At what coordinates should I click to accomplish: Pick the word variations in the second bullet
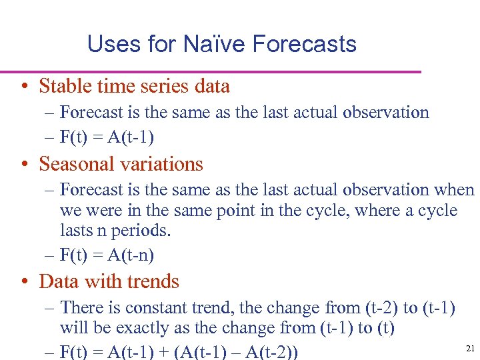[166, 163]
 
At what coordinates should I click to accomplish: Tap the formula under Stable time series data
[107, 137]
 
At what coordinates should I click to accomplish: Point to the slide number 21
[469, 348]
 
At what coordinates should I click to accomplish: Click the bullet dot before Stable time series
[23, 87]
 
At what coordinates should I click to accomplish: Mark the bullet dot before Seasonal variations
[23, 164]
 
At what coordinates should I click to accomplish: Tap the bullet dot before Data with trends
[23, 282]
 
